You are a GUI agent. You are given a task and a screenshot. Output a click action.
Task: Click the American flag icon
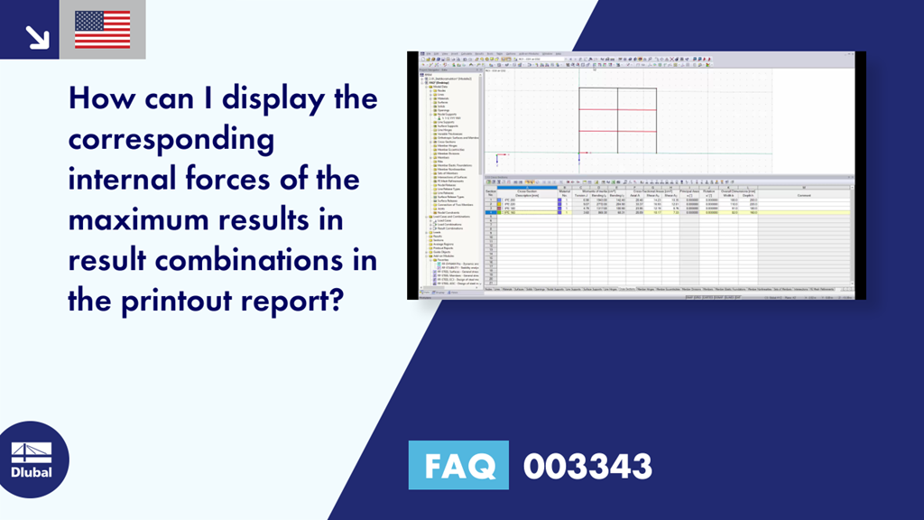(x=102, y=30)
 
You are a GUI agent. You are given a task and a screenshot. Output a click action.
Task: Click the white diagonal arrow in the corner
(x=36, y=35)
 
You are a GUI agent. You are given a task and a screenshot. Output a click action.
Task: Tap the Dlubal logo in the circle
(x=32, y=460)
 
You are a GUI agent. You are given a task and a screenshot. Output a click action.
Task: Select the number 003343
(x=587, y=467)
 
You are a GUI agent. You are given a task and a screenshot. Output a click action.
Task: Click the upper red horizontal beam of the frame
(x=617, y=109)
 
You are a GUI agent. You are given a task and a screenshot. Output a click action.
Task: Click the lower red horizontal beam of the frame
(x=617, y=131)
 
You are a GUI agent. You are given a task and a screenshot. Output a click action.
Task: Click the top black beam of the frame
(x=617, y=88)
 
